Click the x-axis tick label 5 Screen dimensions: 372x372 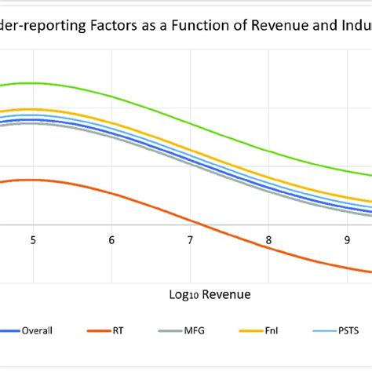[x=33, y=241]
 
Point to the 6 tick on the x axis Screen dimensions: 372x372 [x=111, y=241]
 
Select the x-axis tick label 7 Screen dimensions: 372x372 [x=191, y=241]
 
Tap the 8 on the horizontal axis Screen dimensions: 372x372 [x=269, y=241]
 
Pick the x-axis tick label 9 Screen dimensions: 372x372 [x=348, y=241]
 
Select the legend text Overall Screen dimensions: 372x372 [x=38, y=330]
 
